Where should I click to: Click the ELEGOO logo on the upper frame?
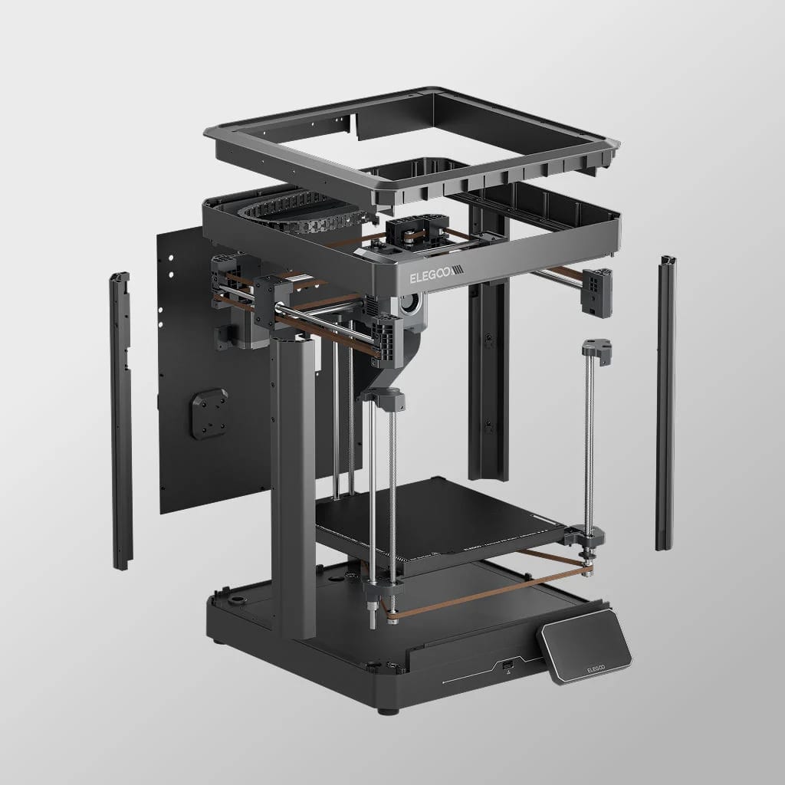point(436,274)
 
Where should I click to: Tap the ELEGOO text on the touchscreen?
point(596,668)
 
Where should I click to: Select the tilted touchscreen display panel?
point(584,645)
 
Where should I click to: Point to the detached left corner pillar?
point(121,421)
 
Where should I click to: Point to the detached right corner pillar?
point(666,403)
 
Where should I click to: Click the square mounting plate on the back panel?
point(209,413)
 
